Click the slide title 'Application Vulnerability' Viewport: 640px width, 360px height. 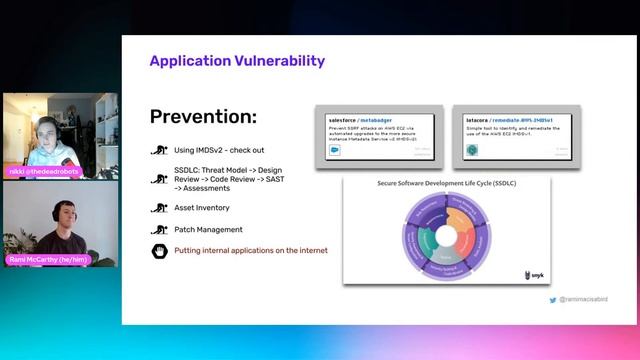tap(237, 61)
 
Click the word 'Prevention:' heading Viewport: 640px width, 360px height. tap(203, 116)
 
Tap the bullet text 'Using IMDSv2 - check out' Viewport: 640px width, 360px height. tap(220, 150)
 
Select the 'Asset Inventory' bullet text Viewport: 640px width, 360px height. tap(202, 208)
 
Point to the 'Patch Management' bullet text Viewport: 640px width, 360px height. tap(209, 230)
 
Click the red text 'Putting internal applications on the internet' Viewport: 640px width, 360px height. tap(251, 250)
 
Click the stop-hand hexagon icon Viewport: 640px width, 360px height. tap(158, 250)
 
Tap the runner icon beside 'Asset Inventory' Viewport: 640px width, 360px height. tap(158, 208)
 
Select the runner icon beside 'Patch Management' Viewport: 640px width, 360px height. tap(158, 230)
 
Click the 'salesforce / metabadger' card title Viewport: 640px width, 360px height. tap(360, 118)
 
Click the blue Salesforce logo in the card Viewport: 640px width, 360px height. tap(335, 150)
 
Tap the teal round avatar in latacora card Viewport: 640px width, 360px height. tap(472, 150)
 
